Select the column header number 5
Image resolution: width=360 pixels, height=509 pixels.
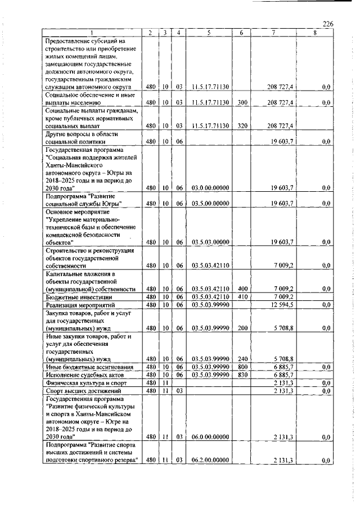(x=208, y=33)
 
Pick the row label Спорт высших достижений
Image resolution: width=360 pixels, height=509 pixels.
(x=78, y=390)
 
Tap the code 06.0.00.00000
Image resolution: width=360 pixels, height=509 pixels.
(x=209, y=436)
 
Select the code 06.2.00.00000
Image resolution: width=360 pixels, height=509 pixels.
(x=209, y=460)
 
